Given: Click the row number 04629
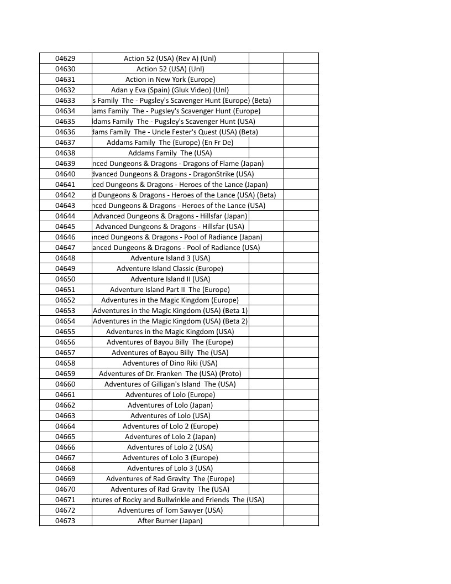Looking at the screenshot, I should click(65, 58).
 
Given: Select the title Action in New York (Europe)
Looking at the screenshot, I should click(170, 79).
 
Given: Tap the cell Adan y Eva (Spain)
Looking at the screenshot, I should click(170, 90).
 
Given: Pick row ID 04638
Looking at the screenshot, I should click(65, 153).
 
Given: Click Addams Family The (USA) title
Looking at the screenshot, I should click(170, 153).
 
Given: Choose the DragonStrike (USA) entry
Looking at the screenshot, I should click(173, 174).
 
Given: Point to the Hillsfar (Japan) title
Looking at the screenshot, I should click(170, 216).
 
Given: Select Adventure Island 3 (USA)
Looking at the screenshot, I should click(170, 258).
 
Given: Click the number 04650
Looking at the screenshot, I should click(65, 279).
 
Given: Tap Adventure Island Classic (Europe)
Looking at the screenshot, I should click(170, 268).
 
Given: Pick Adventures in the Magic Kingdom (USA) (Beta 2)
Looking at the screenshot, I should click(170, 321).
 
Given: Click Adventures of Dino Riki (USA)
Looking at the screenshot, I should click(170, 363).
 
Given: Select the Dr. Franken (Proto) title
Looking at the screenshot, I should click(170, 373).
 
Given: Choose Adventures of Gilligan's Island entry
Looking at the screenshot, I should click(170, 384).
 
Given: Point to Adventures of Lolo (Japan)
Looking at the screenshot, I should click(170, 405).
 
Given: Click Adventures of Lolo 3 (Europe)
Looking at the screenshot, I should click(170, 457).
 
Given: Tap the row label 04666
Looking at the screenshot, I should click(65, 447).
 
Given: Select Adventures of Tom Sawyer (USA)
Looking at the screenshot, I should click(170, 510).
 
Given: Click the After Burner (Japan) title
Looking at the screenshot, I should click(170, 520).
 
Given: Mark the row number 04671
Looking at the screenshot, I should click(65, 499).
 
